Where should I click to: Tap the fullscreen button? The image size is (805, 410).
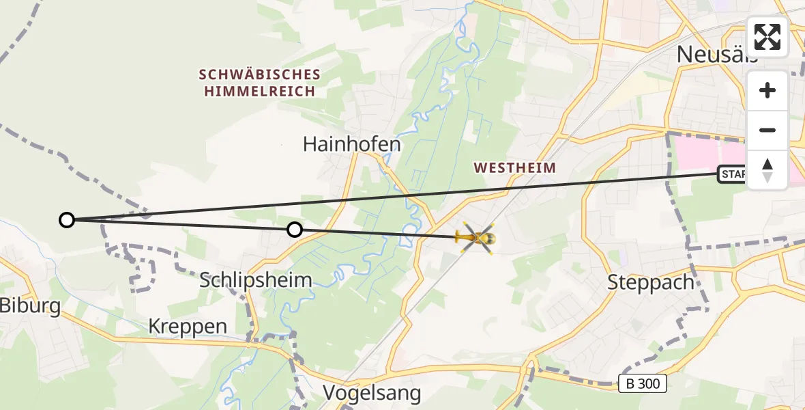tap(767, 37)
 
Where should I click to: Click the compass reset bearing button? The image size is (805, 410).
tap(767, 170)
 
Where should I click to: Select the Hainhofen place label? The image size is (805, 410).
tap(351, 144)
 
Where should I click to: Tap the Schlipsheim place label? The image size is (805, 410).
tap(256, 279)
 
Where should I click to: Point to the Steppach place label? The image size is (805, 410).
tap(650, 282)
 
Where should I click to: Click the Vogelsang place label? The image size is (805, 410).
tap(372, 393)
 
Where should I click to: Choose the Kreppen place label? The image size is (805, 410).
tap(188, 327)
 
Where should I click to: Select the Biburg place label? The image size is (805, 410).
tap(30, 305)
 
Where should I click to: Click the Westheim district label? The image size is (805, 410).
tap(514, 167)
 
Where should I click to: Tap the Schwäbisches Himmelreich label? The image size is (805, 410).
tap(259, 83)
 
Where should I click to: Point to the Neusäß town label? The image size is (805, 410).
tap(716, 55)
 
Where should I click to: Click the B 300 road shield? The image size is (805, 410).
tap(643, 383)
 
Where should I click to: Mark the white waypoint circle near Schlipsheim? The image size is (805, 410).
tap(294, 230)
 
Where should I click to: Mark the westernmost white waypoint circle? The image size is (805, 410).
tap(67, 219)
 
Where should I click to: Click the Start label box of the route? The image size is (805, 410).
tap(733, 175)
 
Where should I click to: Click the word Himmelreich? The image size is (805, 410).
tap(259, 92)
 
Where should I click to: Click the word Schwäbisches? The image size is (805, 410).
tap(259, 74)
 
